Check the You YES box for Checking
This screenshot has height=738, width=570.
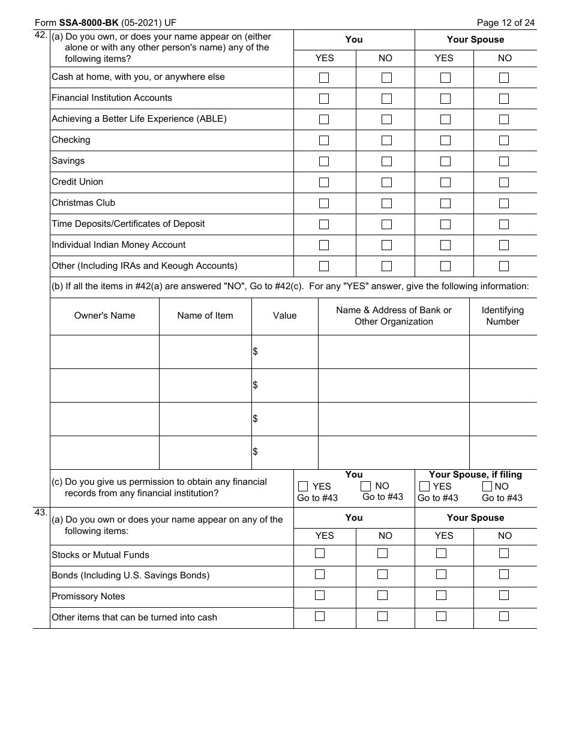(x=324, y=140)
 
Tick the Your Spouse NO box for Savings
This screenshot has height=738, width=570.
(x=504, y=161)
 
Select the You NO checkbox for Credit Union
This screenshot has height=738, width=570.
(x=386, y=182)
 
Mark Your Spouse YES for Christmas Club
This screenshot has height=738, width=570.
(x=445, y=203)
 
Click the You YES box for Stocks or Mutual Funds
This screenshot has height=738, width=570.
(x=320, y=553)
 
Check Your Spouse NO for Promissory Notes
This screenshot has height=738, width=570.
(x=504, y=595)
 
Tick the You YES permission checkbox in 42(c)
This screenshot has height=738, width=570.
(x=303, y=486)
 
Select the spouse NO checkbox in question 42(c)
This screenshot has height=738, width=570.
(x=487, y=486)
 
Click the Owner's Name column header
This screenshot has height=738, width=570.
(x=104, y=316)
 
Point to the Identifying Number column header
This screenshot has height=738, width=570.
(x=503, y=316)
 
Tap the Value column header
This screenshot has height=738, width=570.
(x=284, y=316)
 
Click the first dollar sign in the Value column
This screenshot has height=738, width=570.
(x=256, y=352)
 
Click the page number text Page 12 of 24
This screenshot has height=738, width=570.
(x=505, y=23)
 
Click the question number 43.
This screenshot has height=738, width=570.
(x=41, y=513)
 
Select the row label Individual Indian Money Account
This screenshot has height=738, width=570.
(x=119, y=245)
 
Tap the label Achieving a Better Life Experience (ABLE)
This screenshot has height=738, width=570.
(x=139, y=119)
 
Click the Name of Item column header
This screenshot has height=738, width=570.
(x=205, y=316)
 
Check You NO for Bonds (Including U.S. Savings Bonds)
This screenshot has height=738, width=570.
(x=382, y=574)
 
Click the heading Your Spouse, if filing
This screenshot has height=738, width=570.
(x=475, y=475)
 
